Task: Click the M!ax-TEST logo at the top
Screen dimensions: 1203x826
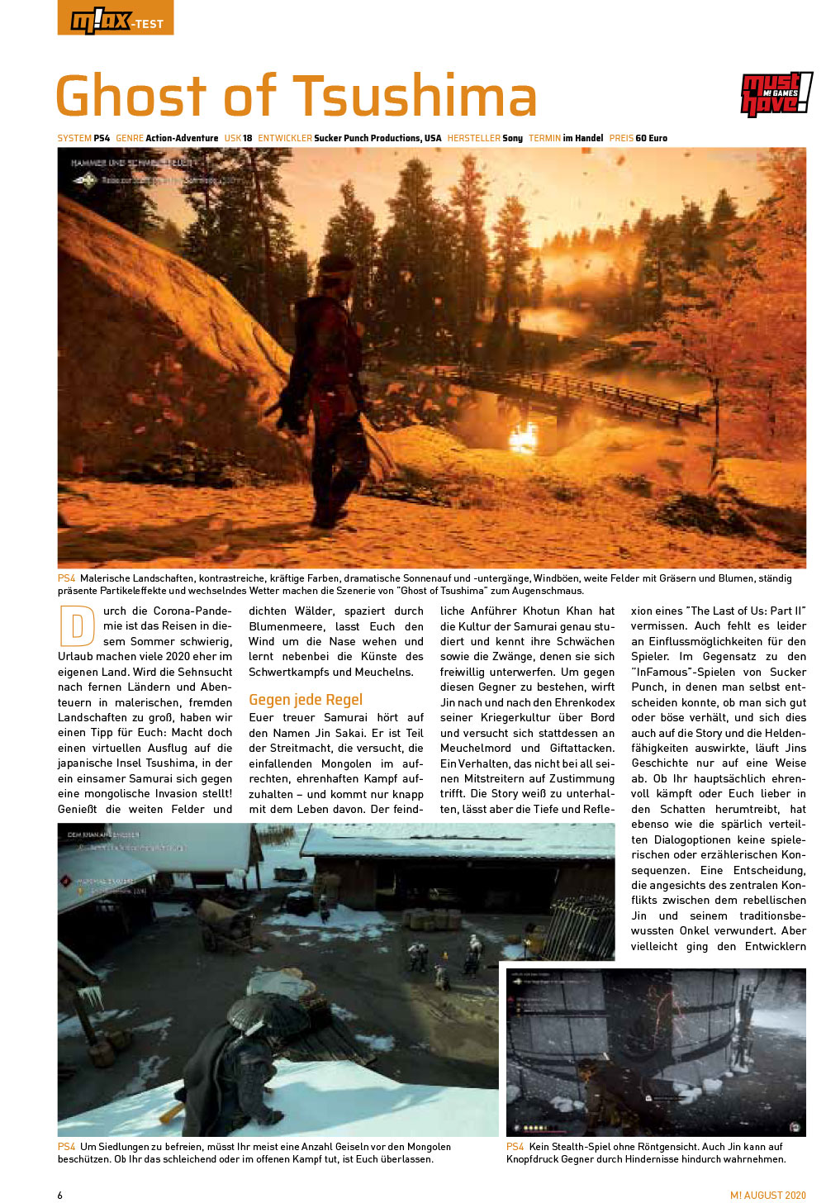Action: (x=115, y=18)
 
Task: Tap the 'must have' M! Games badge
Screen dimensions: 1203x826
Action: (x=775, y=94)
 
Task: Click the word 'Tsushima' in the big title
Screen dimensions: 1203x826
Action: (x=415, y=96)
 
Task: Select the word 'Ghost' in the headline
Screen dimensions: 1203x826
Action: (x=132, y=96)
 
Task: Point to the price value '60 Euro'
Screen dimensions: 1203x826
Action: (x=653, y=138)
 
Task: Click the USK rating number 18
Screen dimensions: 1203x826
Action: (x=248, y=138)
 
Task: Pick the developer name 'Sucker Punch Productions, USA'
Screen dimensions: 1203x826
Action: (x=377, y=138)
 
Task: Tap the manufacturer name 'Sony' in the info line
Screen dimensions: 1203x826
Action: (x=513, y=138)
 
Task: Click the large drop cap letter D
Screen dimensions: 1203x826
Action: (x=77, y=626)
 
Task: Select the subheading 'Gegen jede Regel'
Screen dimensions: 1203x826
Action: (x=306, y=700)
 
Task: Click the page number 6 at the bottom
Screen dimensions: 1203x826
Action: (x=60, y=1195)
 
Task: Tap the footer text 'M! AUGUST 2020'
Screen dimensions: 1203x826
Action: (x=767, y=1195)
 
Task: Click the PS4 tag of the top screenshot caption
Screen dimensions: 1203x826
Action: (x=66, y=578)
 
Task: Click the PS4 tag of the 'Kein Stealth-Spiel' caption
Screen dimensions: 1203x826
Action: (x=515, y=1147)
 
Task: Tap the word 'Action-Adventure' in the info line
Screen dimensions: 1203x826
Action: (x=182, y=138)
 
